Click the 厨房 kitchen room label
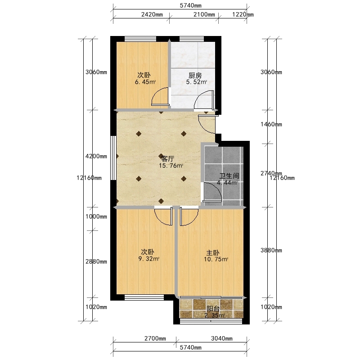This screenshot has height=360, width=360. (x=195, y=75)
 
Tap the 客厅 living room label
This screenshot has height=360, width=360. (x=167, y=159)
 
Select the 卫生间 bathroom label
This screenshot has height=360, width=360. (x=229, y=176)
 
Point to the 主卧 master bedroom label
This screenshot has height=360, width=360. (x=212, y=253)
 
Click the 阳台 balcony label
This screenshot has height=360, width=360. (x=213, y=309)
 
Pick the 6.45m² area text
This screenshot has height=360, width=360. (x=145, y=82)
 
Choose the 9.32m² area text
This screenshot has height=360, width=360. (x=149, y=259)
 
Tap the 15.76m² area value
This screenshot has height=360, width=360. (x=171, y=166)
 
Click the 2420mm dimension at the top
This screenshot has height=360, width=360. (x=152, y=14)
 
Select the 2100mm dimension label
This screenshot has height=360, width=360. (x=204, y=14)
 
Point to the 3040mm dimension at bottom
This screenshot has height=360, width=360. (x=222, y=338)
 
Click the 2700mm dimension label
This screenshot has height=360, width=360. (x=155, y=338)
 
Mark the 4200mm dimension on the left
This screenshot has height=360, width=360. (x=96, y=156)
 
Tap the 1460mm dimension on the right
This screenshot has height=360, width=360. (x=271, y=124)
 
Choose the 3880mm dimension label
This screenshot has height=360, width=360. (x=271, y=250)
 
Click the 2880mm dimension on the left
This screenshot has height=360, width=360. (x=96, y=261)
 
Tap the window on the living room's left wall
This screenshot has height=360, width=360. (x=113, y=158)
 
